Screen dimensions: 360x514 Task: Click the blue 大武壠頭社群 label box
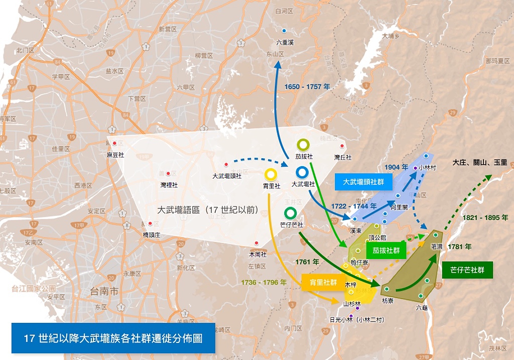[x=363, y=181]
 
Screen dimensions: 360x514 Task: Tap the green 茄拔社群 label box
[x=386, y=250]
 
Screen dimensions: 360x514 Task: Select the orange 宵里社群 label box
[x=320, y=282]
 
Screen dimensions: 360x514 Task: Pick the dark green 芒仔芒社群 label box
[x=467, y=270]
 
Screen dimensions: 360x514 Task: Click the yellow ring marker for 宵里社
[x=271, y=175]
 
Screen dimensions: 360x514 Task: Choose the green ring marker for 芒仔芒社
[x=290, y=213]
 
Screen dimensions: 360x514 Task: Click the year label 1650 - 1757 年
[x=307, y=87]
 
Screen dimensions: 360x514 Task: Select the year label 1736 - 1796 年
[x=264, y=282]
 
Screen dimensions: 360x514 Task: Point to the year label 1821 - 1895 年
[x=485, y=218]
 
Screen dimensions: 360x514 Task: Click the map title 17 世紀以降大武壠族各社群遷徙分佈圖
[x=113, y=338]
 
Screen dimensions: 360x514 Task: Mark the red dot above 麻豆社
[x=115, y=144]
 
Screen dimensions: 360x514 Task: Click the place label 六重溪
[x=285, y=43]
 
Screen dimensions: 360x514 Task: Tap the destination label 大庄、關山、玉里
[x=479, y=163]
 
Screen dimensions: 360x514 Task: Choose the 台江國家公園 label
[x=34, y=289]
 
